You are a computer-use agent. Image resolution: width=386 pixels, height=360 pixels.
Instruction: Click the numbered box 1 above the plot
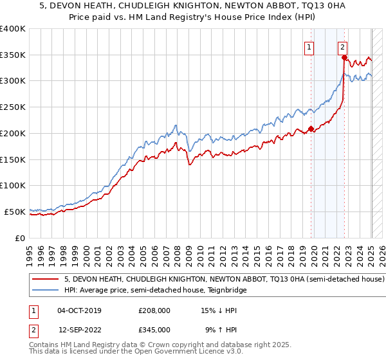[x=309, y=46]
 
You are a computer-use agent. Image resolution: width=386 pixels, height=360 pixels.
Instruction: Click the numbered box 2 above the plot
[x=342, y=46]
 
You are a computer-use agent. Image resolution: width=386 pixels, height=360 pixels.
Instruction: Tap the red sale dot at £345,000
[x=344, y=57]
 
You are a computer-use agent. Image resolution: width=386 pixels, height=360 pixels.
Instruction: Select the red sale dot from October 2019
[x=311, y=129]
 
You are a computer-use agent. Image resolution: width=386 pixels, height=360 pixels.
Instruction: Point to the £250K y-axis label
[x=13, y=107]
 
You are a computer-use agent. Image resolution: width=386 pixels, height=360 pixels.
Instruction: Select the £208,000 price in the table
[x=154, y=310]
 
